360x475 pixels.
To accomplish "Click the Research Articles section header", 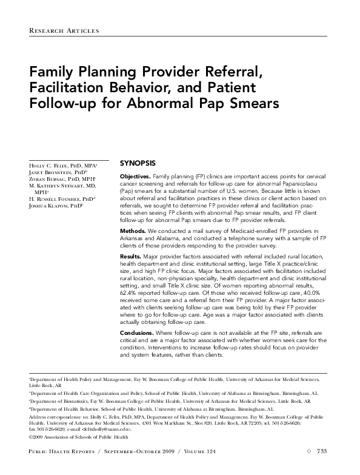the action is [64, 30].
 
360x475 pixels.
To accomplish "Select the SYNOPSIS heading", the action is [138, 163].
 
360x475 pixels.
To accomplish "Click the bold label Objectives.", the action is [136, 175].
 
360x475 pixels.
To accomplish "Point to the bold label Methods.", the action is [133, 231].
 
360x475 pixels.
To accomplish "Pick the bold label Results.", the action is [132, 257].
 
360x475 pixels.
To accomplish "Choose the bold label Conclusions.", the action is [138, 332].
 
